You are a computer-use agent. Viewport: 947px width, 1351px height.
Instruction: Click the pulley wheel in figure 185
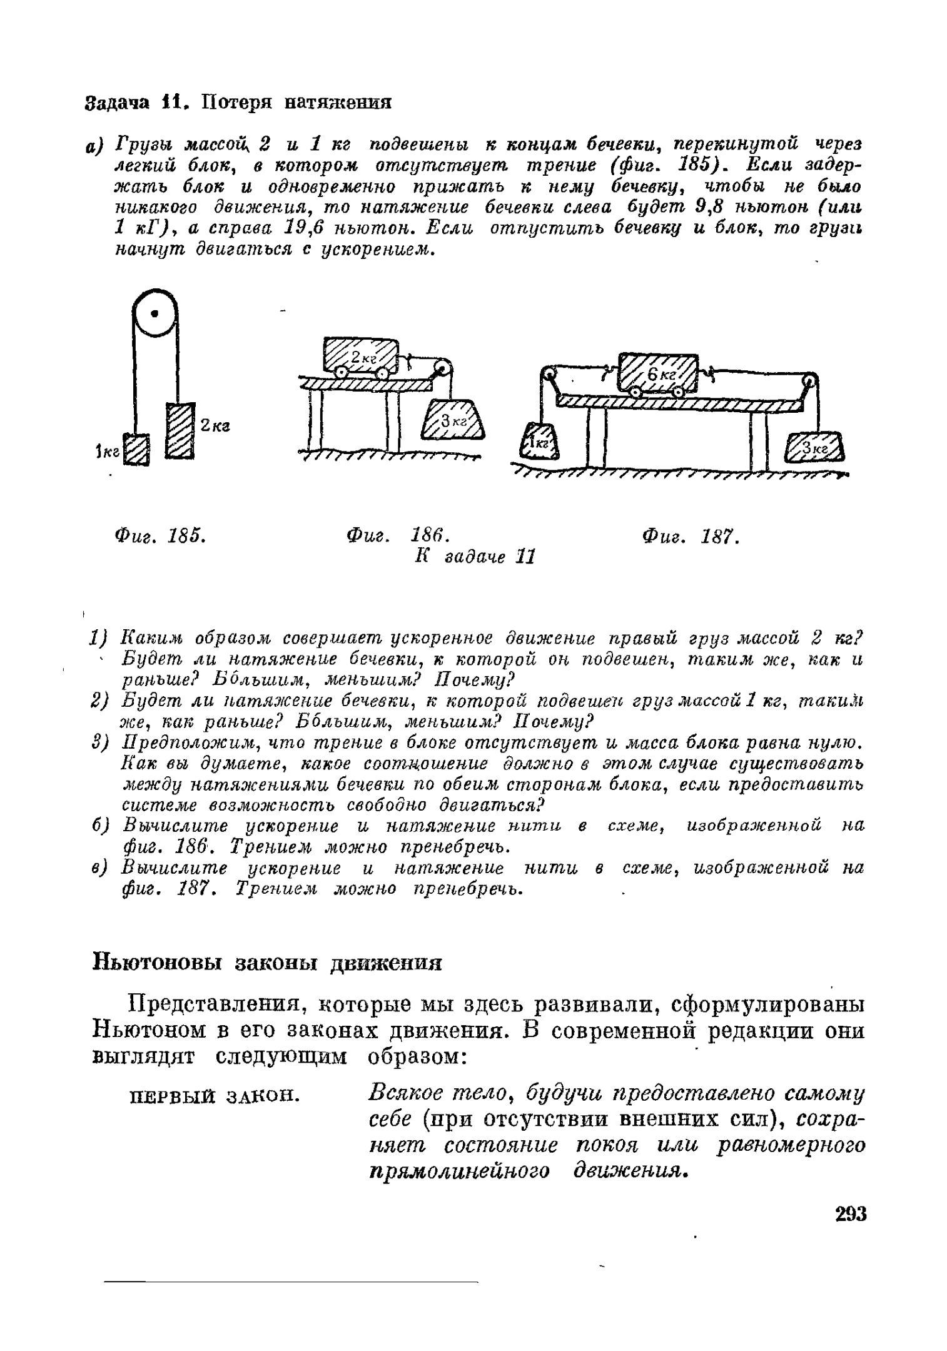tap(154, 312)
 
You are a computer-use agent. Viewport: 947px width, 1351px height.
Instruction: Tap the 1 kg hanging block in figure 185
tap(136, 450)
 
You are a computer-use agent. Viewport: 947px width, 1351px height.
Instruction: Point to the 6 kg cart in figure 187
tap(657, 373)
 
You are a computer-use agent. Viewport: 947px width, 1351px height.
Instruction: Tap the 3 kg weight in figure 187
tap(814, 448)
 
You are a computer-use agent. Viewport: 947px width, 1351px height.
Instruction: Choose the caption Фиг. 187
tap(691, 536)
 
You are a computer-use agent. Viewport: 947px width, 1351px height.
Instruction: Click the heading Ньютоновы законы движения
tap(267, 962)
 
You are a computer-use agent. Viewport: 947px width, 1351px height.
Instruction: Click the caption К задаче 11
tap(475, 556)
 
